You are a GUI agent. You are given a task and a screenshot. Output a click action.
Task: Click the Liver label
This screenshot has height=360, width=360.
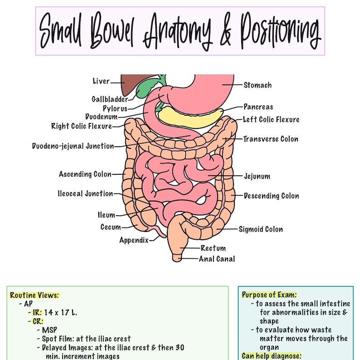point(101,82)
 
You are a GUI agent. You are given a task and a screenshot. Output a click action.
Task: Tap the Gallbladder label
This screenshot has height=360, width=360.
point(110,99)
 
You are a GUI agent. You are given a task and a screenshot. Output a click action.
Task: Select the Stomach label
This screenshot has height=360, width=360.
point(258,85)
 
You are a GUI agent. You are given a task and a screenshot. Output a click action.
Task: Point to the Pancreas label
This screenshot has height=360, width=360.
point(258,107)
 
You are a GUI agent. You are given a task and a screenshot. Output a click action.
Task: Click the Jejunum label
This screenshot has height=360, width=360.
point(257,176)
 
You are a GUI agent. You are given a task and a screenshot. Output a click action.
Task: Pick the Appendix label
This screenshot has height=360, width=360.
point(134,241)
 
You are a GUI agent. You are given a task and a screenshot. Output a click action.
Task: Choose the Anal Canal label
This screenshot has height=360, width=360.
point(217,259)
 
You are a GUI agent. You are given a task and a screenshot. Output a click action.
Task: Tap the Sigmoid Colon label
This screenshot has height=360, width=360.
point(261,229)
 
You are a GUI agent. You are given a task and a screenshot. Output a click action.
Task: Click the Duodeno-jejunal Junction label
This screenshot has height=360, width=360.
point(73,146)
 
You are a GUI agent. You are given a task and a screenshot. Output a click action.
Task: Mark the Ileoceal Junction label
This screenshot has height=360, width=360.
point(85,194)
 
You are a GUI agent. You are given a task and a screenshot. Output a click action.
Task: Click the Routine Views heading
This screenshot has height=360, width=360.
point(34,295)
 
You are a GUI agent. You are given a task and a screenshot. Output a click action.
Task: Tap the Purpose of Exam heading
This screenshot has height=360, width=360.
point(269,295)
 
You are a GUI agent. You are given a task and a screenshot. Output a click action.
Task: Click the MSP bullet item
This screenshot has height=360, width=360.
point(49,330)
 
